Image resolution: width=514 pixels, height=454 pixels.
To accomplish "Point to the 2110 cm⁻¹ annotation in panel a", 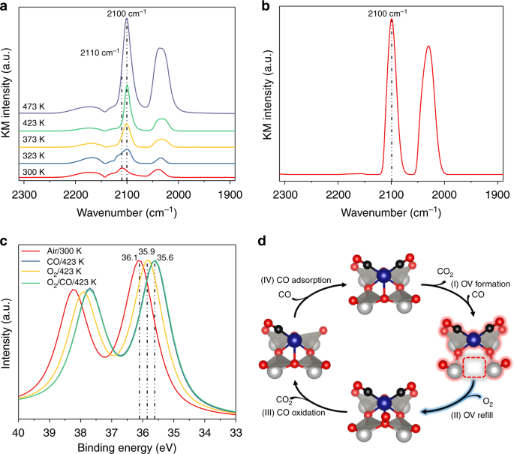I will pyautogui.click(x=98, y=53).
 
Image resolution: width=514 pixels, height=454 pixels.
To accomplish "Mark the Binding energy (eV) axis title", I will pyautogui.click(x=126, y=446).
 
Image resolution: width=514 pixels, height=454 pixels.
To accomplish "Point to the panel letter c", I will pyautogui.click(x=5, y=242).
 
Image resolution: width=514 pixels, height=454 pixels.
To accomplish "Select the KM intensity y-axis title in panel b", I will pyautogui.click(x=270, y=94).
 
